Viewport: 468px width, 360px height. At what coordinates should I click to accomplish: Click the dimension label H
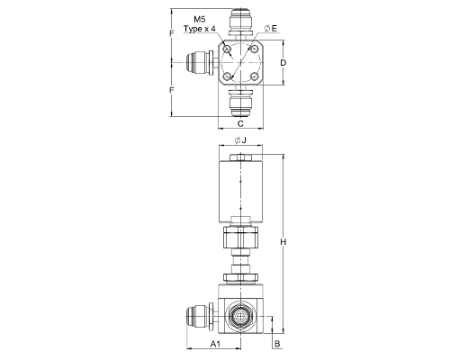tap(283, 241)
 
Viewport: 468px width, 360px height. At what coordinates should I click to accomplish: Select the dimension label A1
tap(215, 344)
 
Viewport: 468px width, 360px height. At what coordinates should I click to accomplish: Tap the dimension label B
tap(277, 344)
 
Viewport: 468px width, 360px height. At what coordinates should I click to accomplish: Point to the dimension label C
tap(240, 123)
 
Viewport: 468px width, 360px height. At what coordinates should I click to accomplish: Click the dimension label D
tap(283, 63)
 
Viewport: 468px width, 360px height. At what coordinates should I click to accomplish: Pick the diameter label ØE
tap(271, 28)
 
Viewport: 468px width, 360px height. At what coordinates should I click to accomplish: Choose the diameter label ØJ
tap(240, 140)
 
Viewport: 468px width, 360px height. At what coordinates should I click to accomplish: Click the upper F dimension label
tap(172, 33)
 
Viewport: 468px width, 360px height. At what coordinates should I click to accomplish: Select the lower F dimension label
tap(172, 90)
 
